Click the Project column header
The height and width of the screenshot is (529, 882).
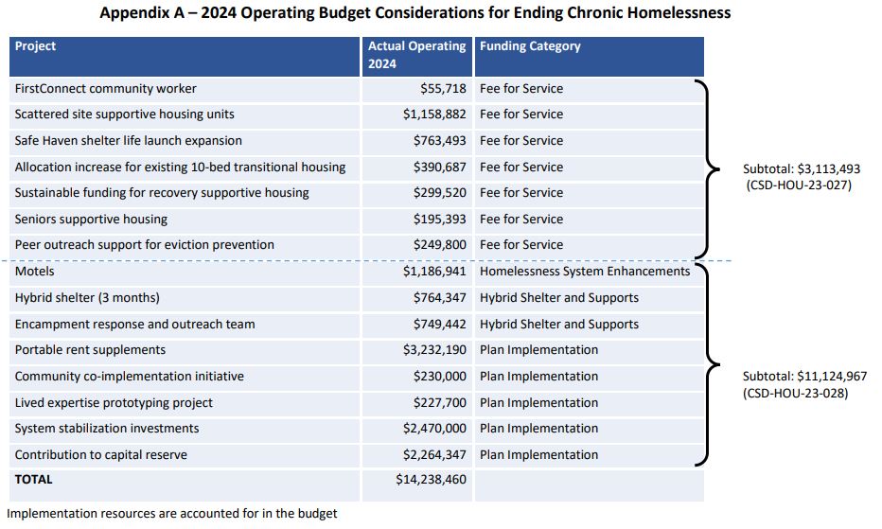36,46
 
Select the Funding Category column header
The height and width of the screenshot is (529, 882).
530,46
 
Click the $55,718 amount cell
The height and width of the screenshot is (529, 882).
443,89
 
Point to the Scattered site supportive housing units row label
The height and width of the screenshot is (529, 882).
124,115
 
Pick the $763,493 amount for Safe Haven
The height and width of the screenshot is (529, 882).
439,141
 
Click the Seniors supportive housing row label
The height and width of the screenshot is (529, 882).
91,220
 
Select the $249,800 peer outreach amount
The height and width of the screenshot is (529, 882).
439,245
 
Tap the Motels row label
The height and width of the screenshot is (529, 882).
35,272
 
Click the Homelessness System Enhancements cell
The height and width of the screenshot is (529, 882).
585,272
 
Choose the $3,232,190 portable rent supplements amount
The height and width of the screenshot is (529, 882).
434,350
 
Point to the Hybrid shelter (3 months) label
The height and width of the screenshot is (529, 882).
87,298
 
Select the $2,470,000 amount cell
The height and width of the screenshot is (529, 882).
434,429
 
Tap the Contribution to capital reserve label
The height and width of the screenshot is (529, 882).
100,455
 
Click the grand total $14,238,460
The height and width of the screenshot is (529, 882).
431,480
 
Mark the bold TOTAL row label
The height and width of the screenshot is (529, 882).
34,480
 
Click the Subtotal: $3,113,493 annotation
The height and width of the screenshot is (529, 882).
801,168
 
